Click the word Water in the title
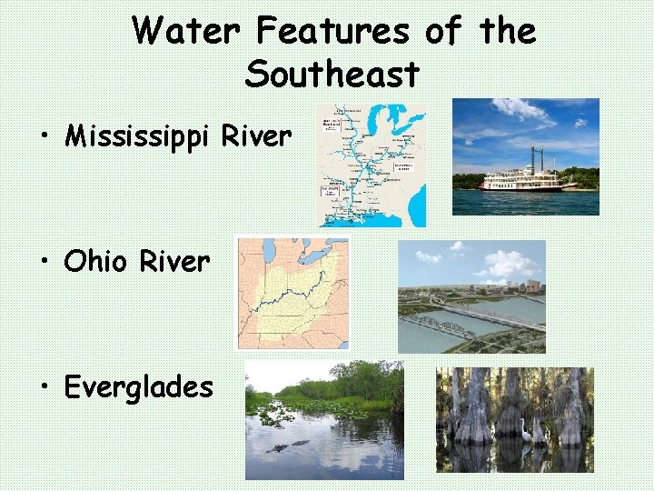tap(187, 33)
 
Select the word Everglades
tap(139, 387)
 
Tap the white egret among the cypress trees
tap(527, 435)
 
